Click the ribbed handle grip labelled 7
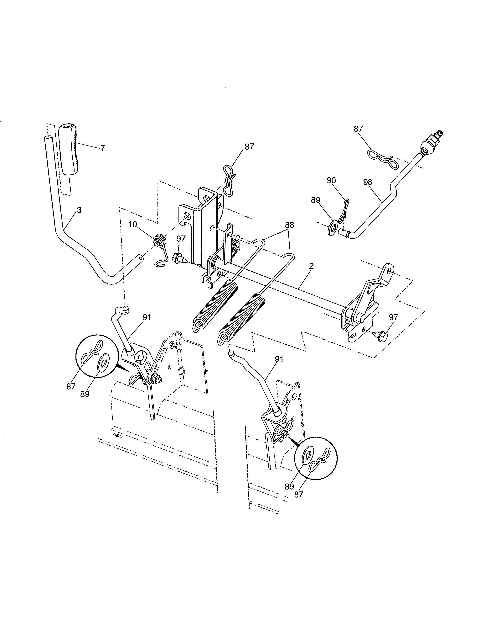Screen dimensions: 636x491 tap(69, 149)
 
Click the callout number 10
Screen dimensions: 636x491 tap(132, 225)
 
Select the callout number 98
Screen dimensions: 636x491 tap(367, 182)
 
